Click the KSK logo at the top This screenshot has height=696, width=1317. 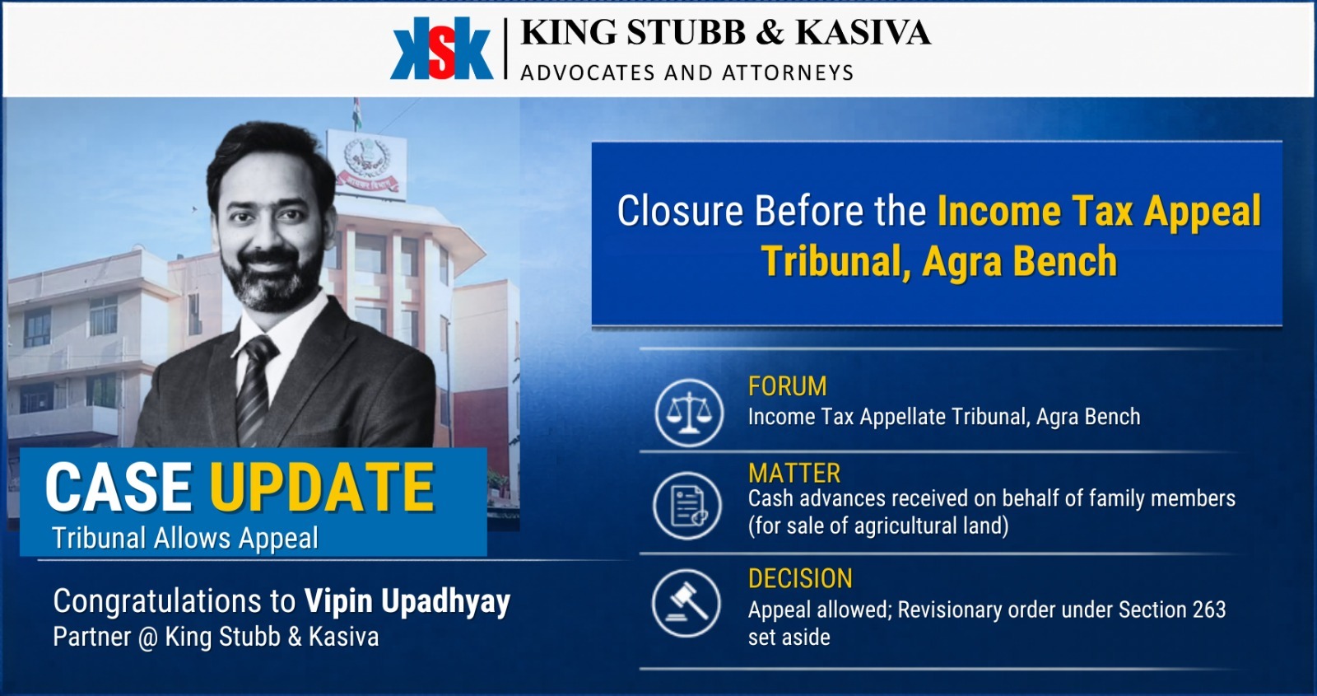441,49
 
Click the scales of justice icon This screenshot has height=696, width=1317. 689,413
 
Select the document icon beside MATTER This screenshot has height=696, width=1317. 687,506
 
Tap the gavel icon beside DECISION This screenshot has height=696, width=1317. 686,603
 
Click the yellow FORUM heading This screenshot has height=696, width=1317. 787,386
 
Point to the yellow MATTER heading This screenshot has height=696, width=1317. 794,474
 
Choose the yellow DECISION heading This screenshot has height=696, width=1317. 800,579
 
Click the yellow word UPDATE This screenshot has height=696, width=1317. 322,488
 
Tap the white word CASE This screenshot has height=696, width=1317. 119,488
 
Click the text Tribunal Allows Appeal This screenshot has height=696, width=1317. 185,538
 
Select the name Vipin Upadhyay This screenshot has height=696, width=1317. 407,601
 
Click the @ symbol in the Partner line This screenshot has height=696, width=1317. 147,638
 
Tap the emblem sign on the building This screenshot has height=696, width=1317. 366,164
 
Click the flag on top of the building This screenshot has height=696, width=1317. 357,113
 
